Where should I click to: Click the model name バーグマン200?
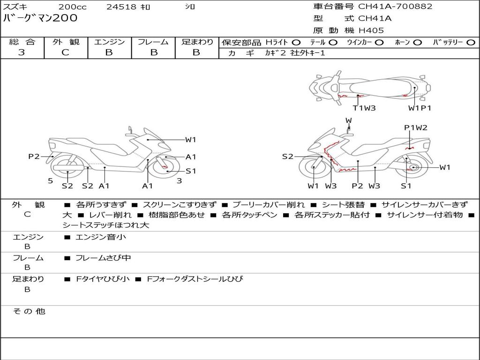pos(40,18)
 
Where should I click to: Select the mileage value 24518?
pos(121,7)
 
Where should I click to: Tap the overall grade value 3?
pos(22,52)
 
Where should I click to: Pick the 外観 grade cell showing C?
pos(66,52)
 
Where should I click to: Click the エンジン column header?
pos(109,42)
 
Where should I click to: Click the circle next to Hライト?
pos(296,42)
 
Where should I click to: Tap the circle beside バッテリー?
pos(471,42)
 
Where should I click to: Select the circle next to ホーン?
pos(417,42)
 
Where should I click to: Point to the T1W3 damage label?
pos(364,108)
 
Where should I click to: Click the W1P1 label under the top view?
pos(420,108)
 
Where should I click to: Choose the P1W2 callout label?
pos(416,127)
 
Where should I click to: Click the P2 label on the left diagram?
pos(34,157)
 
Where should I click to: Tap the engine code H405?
pos(371,30)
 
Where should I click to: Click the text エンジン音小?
pos(101,237)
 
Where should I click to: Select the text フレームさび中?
pos(103,258)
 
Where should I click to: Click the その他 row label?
pos(29,311)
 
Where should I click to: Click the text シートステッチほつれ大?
pos(106,225)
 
